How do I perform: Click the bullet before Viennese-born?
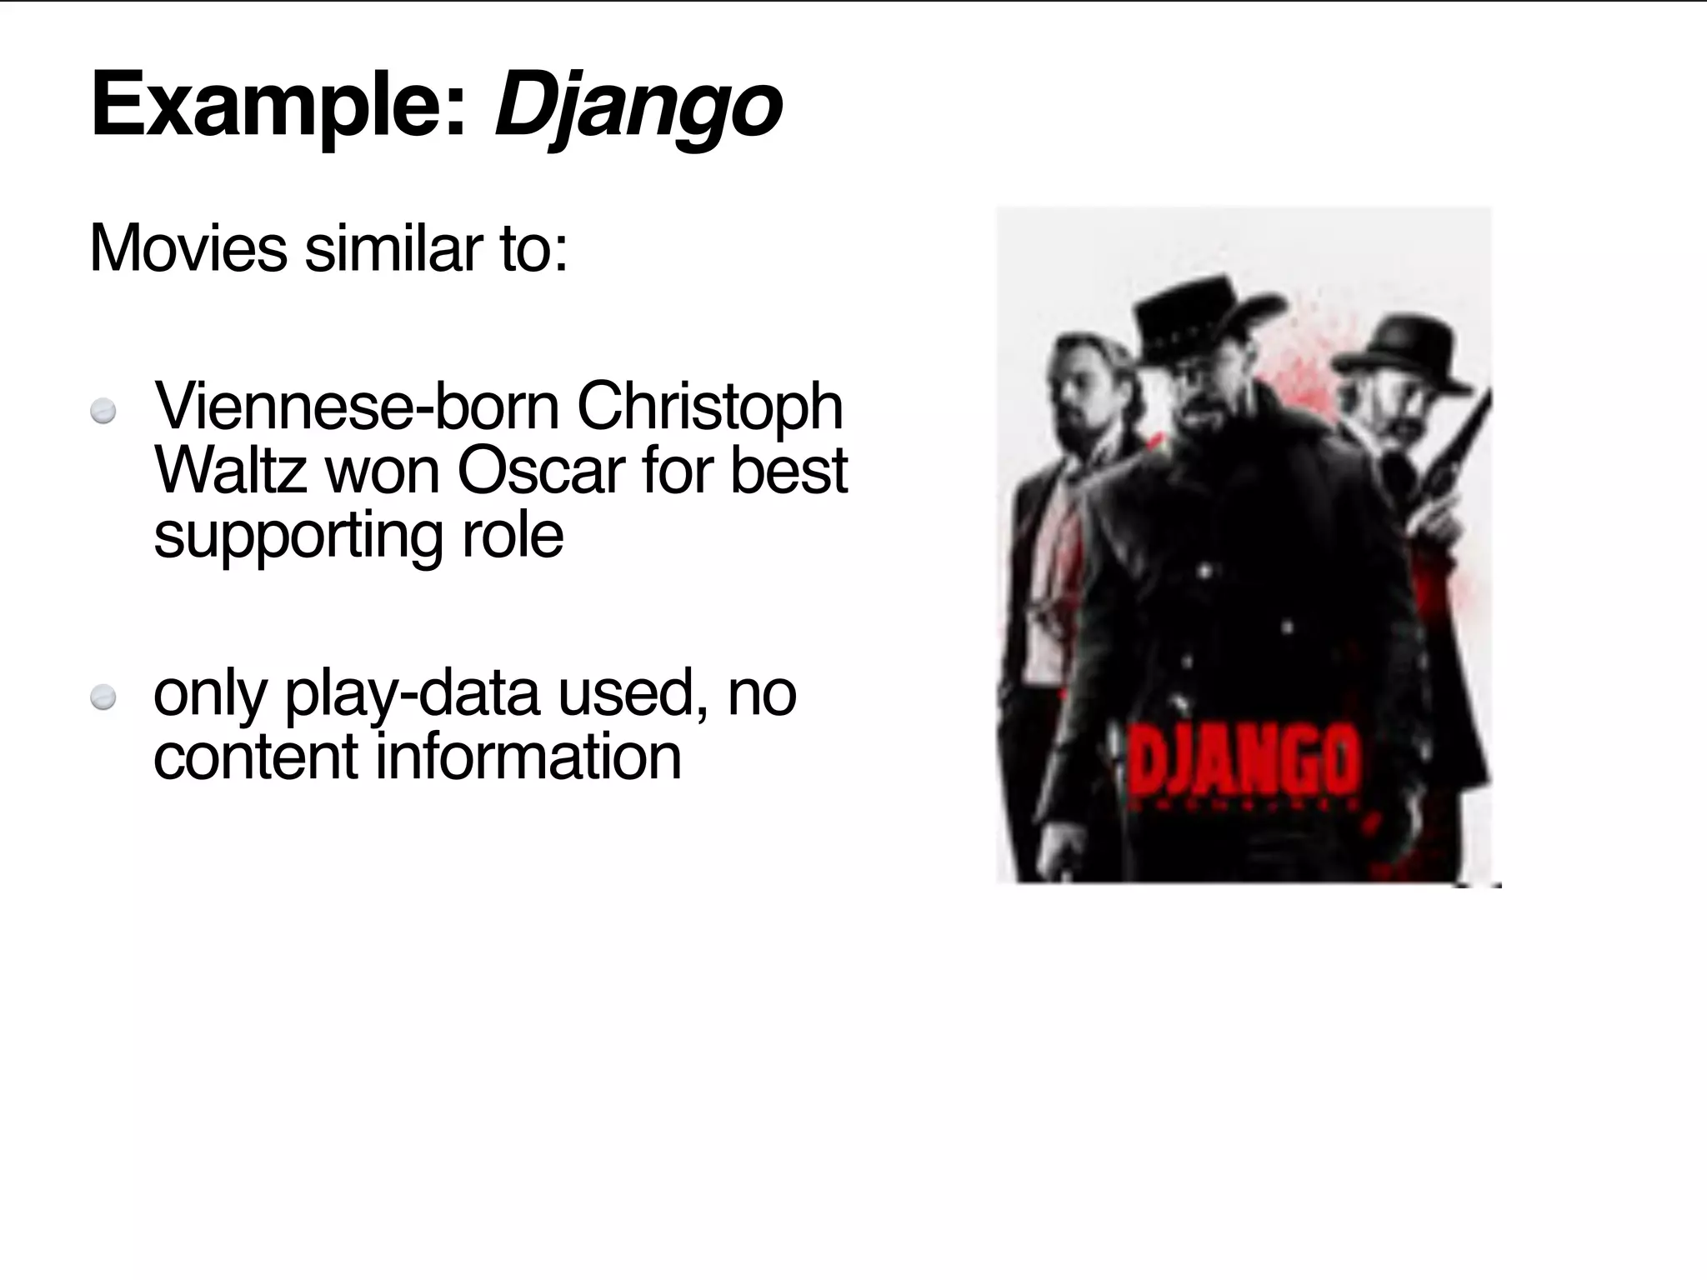[103, 412]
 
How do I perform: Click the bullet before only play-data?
[103, 697]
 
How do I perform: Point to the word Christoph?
[709, 408]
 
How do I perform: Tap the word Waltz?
[230, 471]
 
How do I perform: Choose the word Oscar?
[540, 471]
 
